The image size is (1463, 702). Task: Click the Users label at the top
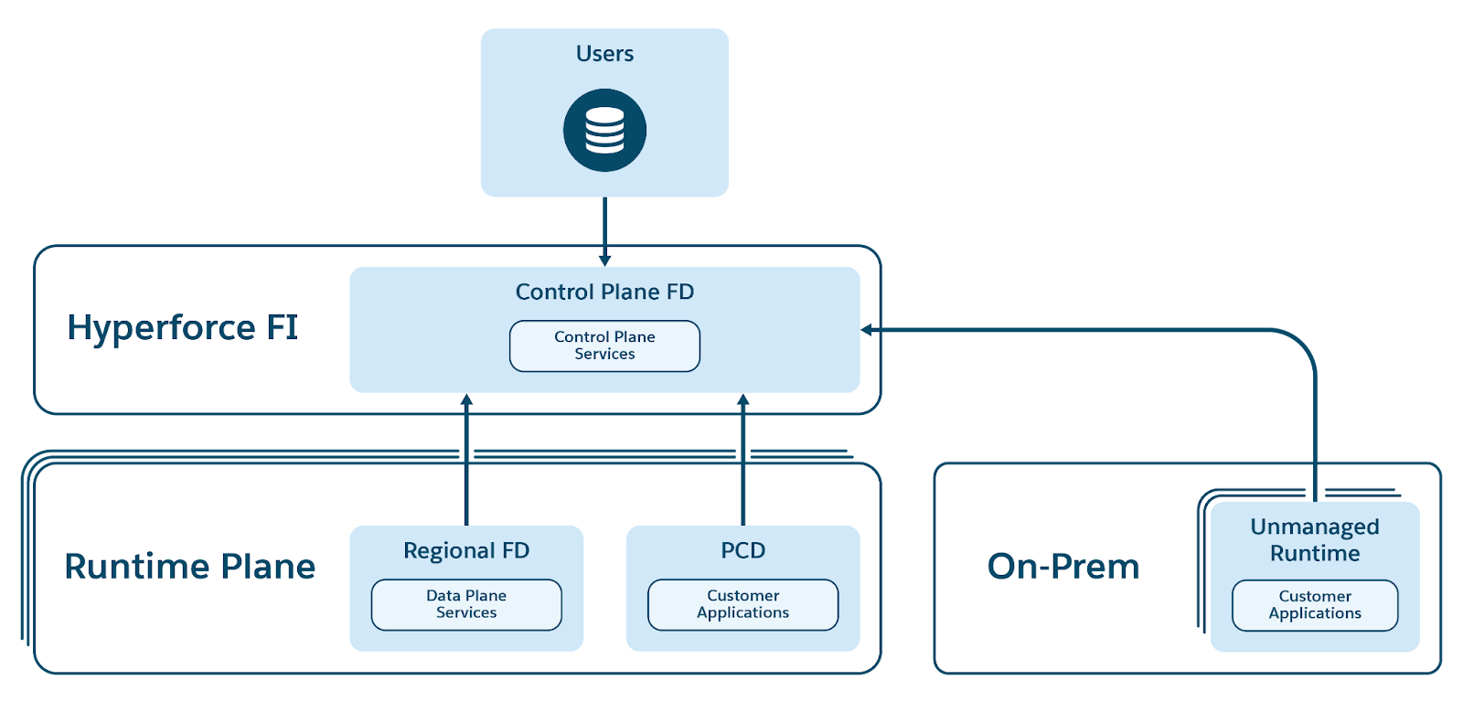tap(604, 54)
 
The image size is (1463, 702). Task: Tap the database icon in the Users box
tap(604, 130)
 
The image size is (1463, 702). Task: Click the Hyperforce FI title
tap(183, 327)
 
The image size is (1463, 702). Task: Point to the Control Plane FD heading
tap(604, 292)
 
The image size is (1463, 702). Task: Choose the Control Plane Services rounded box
tap(604, 346)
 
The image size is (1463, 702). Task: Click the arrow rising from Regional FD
tap(466, 457)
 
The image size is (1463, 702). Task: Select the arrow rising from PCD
tap(742, 457)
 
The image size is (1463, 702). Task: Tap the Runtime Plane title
tap(189, 567)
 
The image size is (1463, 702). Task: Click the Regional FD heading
tap(466, 550)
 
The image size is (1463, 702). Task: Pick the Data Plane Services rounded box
tap(466, 604)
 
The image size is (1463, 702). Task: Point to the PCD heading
tap(742, 550)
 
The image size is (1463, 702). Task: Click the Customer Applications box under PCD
tap(742, 604)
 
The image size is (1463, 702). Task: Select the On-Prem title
tap(1063, 567)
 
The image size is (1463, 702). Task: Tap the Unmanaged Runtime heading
tap(1315, 539)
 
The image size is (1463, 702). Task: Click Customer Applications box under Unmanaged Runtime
tap(1315, 605)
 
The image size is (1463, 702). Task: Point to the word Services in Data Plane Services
tap(466, 613)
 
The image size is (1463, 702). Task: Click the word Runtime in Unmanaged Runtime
tap(1315, 553)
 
